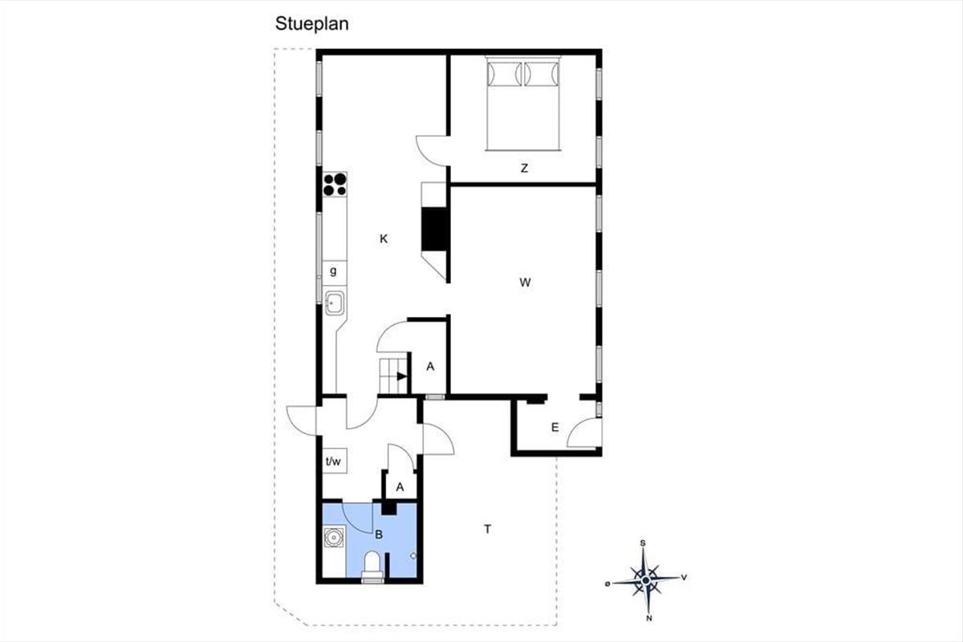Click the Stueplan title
coord(311,24)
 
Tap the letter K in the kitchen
coord(384,238)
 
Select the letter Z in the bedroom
coord(524,169)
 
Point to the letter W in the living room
coord(525,282)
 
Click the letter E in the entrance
coord(555,428)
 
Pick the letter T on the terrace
coord(488,529)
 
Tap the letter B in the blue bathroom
coord(379,534)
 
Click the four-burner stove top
coord(335,184)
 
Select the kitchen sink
coord(335,303)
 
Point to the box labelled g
coord(335,273)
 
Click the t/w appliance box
coord(335,461)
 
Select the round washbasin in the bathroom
coord(334,537)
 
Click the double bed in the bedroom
coord(523,104)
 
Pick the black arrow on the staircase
coord(402,376)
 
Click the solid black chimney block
coord(434,230)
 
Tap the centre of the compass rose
coord(645,581)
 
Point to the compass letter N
coord(649,619)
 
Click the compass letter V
coord(684,578)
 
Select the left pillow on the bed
coord(505,74)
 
